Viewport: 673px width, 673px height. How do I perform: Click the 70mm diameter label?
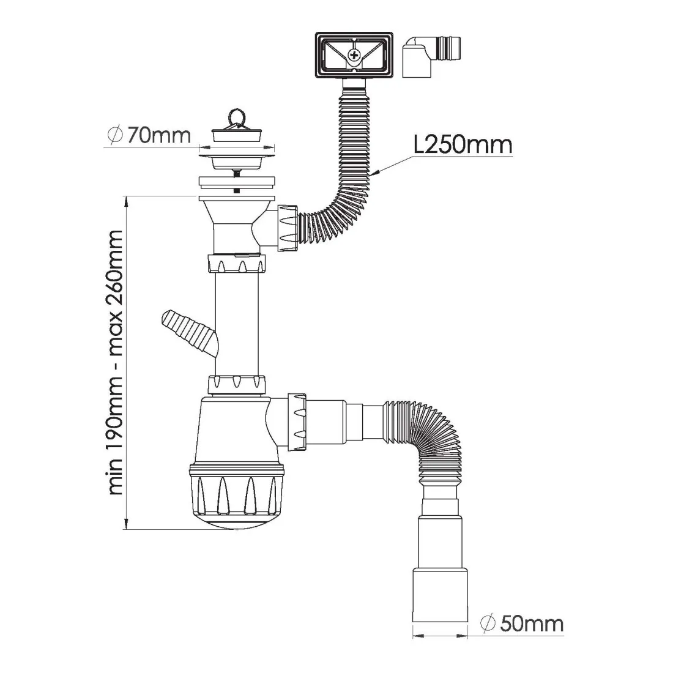(149, 135)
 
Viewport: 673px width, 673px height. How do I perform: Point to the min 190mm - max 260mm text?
(116, 363)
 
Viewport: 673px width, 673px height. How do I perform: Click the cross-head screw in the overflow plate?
(354, 55)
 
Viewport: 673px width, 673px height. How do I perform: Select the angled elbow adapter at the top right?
(431, 56)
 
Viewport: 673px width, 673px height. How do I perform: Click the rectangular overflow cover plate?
(354, 55)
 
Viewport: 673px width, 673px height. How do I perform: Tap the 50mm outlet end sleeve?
(440, 595)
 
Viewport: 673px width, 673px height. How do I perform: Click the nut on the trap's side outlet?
(297, 421)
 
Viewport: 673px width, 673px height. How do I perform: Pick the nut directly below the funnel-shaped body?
(237, 264)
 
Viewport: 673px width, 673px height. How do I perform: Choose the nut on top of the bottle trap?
(237, 385)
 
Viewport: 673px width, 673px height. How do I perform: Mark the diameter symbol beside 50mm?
(488, 623)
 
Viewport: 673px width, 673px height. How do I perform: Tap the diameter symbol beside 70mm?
(115, 135)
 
